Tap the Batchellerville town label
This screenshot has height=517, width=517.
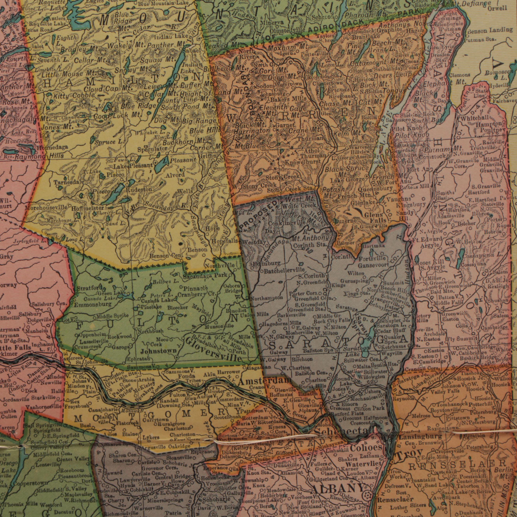coord(284,271)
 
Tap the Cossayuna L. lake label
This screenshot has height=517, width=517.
coord(482,255)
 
